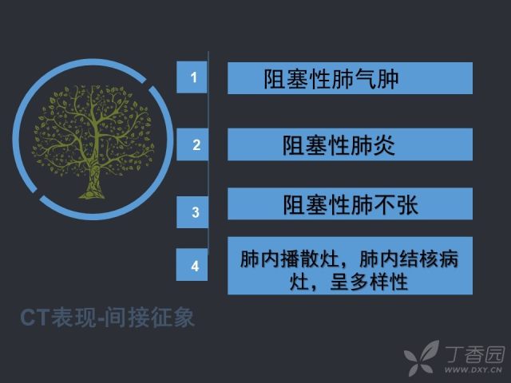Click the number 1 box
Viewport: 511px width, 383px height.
[x=192, y=77]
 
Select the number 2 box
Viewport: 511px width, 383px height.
[x=192, y=144]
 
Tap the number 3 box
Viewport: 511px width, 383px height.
[x=192, y=212]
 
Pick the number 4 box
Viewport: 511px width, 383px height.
[x=192, y=265]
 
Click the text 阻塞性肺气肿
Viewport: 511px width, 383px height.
[x=331, y=79]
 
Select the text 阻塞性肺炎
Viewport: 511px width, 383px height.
[x=339, y=145]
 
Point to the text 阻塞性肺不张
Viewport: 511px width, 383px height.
[x=351, y=204]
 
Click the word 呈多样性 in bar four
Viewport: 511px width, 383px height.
[x=369, y=282]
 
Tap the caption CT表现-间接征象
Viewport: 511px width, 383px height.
[x=108, y=318]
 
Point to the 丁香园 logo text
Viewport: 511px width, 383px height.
[x=475, y=354]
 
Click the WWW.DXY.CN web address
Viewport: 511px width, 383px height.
[x=473, y=369]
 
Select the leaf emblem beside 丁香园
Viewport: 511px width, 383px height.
[x=422, y=357]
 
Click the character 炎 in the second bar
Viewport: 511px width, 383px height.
[x=384, y=145]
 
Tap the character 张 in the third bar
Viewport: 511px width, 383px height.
[x=407, y=204]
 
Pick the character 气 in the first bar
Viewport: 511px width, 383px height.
[x=366, y=79]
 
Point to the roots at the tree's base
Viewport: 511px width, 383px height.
[x=93, y=195]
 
